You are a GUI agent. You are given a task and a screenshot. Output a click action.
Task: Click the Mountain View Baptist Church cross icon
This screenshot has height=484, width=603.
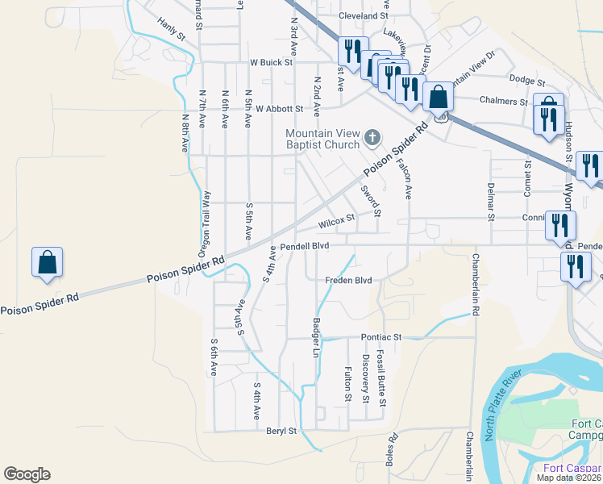[x=372, y=138]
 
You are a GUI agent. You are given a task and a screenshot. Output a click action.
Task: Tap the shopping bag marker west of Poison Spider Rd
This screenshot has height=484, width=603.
[x=47, y=262]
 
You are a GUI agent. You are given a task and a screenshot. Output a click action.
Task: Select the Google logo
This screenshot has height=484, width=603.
[x=27, y=474]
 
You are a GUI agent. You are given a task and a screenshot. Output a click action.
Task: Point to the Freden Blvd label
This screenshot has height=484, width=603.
[x=348, y=281]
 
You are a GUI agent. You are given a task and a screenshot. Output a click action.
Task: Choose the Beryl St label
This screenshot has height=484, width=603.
[x=281, y=432]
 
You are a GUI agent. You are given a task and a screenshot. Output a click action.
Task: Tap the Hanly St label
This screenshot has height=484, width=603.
[x=172, y=29]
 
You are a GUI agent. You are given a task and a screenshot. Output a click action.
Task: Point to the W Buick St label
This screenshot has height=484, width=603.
[x=270, y=62]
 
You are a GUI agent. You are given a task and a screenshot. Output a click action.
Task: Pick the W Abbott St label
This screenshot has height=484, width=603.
[x=276, y=108]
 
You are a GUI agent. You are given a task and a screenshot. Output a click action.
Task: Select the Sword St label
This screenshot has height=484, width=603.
[x=370, y=201]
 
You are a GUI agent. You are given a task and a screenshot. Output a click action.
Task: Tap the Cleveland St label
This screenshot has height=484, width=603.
[x=364, y=16]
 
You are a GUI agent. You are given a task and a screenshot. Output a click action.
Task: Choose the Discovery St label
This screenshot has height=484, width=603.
[x=365, y=378]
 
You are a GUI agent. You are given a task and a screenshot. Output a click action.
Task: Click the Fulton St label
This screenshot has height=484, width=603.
[x=348, y=385]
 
